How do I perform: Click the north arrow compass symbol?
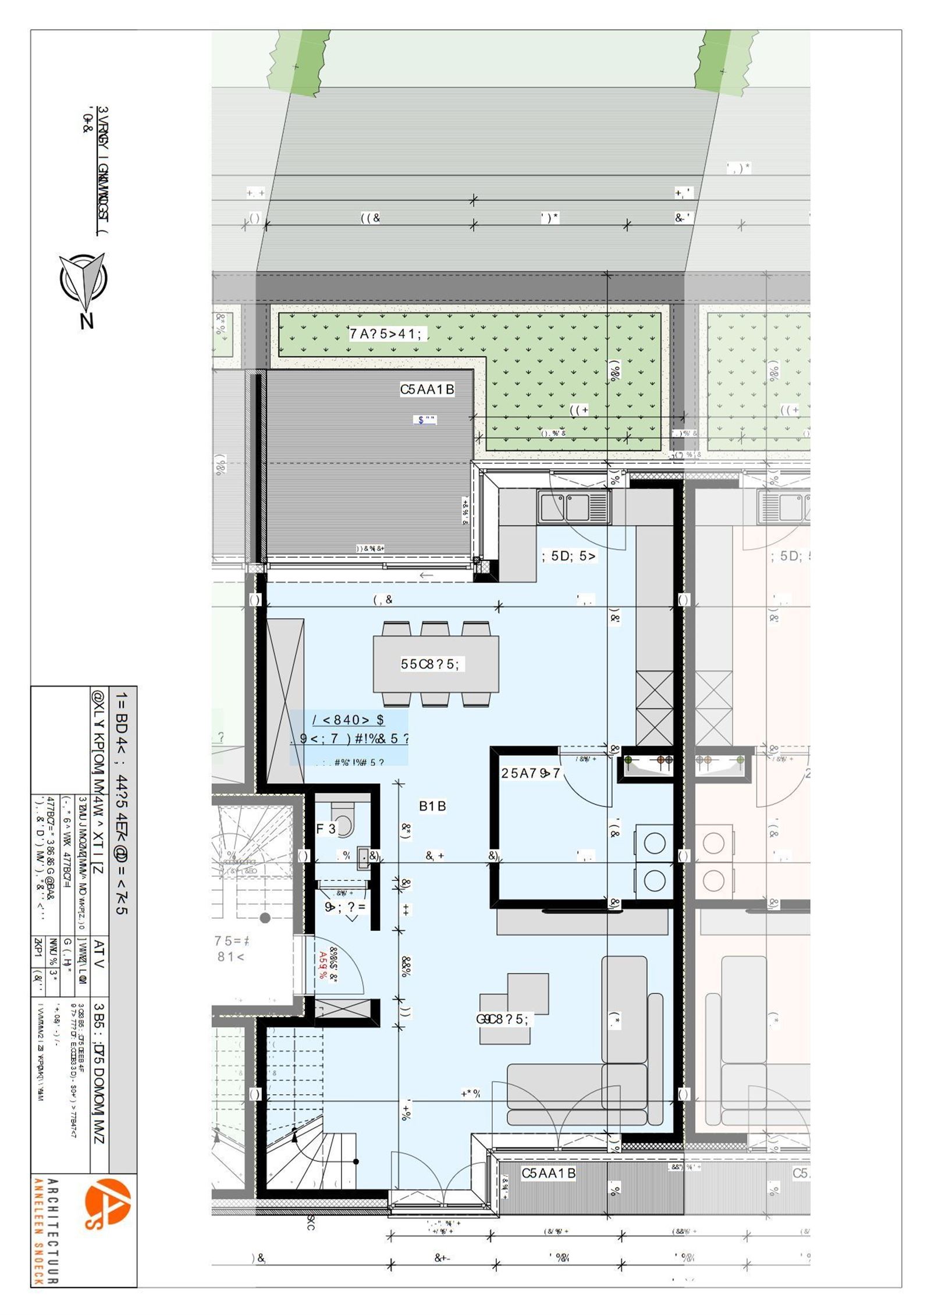pos(83,281)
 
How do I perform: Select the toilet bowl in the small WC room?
pos(344,822)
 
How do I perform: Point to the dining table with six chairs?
pos(436,663)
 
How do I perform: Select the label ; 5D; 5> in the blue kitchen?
pos(568,556)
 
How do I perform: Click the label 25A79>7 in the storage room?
pos(531,773)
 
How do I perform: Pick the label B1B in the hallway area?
pos(432,806)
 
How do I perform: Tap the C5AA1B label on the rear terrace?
pos(427,390)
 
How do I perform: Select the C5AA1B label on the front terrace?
pos(548,1173)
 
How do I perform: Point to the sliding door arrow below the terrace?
pos(427,575)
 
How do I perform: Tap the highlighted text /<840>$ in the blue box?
pos(349,720)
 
